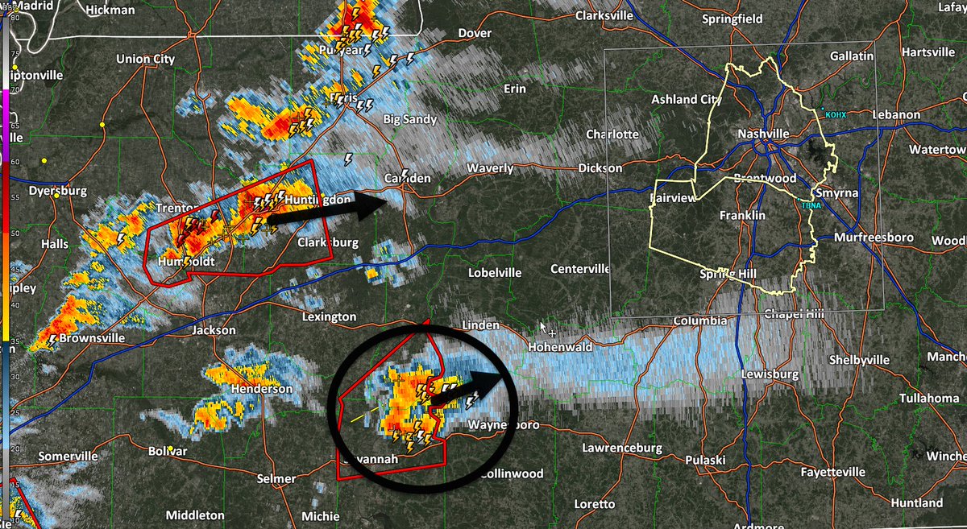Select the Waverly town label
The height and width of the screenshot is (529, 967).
[x=491, y=168]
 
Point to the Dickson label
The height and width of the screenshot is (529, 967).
[x=600, y=168]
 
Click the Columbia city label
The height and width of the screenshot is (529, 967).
[x=700, y=321]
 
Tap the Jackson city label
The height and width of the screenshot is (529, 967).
[x=214, y=330]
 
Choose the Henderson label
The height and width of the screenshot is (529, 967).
[x=262, y=389]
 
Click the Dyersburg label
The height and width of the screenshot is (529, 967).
[x=57, y=192]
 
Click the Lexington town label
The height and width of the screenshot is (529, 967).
[x=329, y=316]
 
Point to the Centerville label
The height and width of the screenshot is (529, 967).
[x=580, y=269]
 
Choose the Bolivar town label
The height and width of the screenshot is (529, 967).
[x=168, y=451]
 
